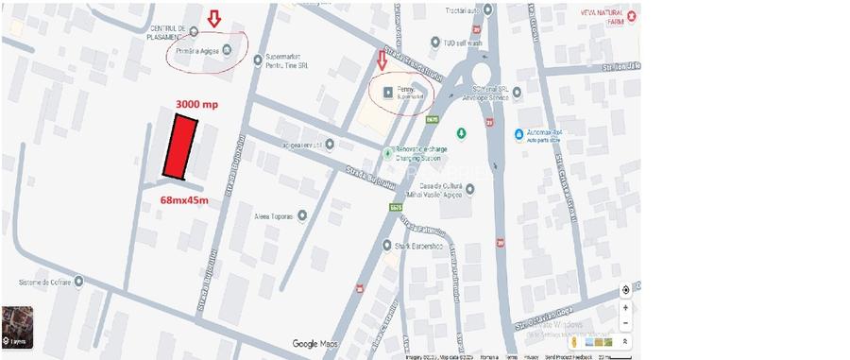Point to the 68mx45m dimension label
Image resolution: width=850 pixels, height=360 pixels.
(184, 200)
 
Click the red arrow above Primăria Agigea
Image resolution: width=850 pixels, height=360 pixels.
(213, 18)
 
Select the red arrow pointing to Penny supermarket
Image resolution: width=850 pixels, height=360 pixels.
(382, 60)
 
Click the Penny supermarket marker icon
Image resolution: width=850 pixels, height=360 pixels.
(389, 92)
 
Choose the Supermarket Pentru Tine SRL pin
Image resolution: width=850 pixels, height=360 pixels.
(258, 60)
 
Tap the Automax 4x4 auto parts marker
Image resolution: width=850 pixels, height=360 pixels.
(519, 134)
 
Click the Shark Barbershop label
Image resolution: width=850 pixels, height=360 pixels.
(419, 245)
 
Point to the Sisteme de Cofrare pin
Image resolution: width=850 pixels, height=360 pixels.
(77, 281)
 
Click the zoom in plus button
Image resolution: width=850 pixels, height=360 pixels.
(625, 307)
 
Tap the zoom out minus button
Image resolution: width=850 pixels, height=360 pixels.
(625, 323)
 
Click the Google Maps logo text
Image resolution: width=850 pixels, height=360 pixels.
(315, 344)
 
